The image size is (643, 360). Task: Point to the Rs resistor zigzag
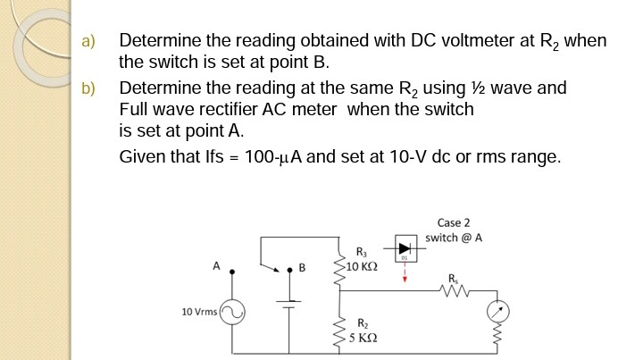pyautogui.click(x=456, y=288)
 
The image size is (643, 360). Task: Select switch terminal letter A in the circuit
pyautogui.click(x=215, y=265)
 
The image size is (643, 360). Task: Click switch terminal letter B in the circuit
pyautogui.click(x=302, y=266)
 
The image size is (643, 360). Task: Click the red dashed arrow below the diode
pyautogui.click(x=405, y=273)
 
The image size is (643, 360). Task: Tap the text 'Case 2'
pyautogui.click(x=454, y=222)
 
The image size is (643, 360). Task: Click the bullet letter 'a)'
pyautogui.click(x=87, y=41)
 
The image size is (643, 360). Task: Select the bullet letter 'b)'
pyautogui.click(x=87, y=88)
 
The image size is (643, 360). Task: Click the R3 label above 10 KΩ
pyautogui.click(x=360, y=253)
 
